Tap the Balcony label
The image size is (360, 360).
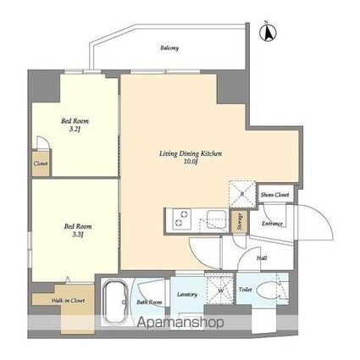[x=169, y=48]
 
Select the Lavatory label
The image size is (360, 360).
[x=188, y=294]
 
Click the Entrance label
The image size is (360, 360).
[x=271, y=224]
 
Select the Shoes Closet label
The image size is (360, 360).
[x=274, y=195]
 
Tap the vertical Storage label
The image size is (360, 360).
[x=241, y=221]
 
